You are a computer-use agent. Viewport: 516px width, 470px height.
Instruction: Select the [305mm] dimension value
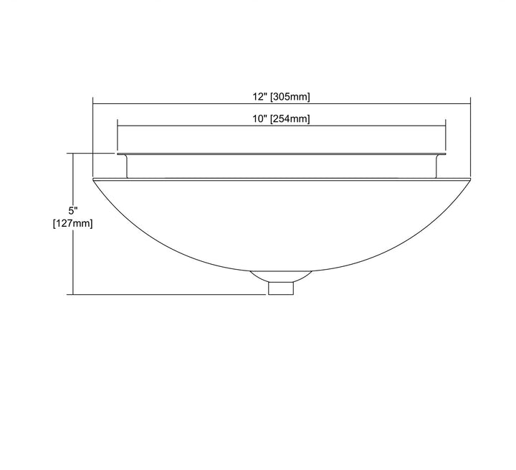(290, 97)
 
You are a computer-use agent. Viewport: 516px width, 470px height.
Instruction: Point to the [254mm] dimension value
(290, 119)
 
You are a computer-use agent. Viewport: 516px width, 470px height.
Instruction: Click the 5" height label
(72, 210)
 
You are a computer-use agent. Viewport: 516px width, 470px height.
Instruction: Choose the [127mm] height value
(72, 223)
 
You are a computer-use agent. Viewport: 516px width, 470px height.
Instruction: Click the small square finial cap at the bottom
(281, 288)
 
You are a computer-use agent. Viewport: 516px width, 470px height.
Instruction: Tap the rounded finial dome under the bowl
(281, 276)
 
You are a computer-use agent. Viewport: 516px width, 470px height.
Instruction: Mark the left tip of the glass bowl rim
(93, 179)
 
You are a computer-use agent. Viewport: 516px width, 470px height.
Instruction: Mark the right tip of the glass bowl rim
(471, 179)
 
